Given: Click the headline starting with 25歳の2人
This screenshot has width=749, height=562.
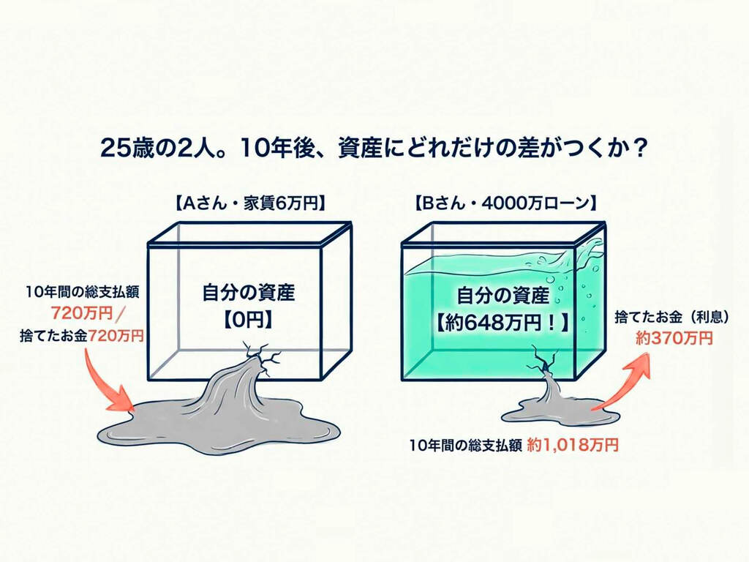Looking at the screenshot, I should click(x=374, y=148).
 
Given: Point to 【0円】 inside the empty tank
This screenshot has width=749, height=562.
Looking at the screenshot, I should click(x=249, y=320).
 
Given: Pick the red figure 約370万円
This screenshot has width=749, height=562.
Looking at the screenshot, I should click(x=674, y=338).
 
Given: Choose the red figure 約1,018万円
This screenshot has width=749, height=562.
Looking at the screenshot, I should click(x=573, y=444).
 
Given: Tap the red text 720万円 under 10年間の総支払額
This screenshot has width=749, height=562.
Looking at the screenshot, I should click(x=82, y=313).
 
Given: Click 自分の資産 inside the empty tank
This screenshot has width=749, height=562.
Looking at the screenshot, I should click(x=249, y=293).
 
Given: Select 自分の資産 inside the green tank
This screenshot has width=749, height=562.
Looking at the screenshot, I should click(x=503, y=296).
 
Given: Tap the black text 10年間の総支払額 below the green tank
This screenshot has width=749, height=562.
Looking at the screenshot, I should click(x=465, y=444).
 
